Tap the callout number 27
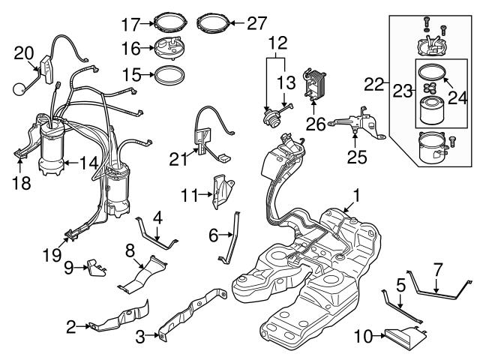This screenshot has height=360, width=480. click(x=256, y=23)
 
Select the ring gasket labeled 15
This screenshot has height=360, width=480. click(x=169, y=75)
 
